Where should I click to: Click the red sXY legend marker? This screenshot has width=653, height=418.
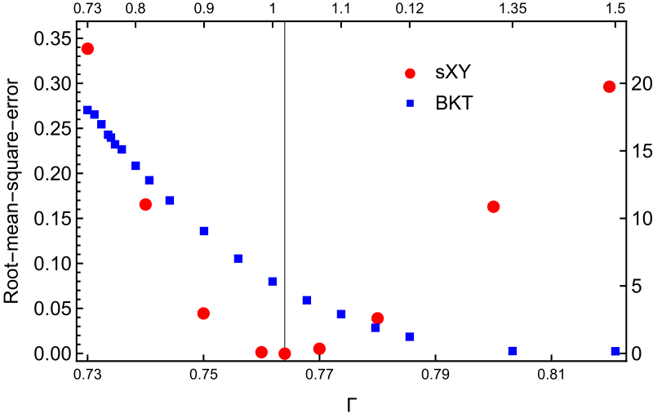pos(411,73)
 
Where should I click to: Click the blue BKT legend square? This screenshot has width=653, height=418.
pos(411,104)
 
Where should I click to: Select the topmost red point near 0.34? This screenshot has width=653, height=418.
pos(87,49)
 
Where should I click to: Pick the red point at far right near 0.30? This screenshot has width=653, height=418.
pos(609,87)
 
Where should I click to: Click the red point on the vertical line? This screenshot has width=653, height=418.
pos(285,354)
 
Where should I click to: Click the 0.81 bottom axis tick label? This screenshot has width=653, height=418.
pos(551,374)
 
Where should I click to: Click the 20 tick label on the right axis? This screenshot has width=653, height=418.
pos(641,84)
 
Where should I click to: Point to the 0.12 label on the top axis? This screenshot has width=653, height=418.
pos(410,8)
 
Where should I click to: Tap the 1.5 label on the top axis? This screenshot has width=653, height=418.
pos(615,8)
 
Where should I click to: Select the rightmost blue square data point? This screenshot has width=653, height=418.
pos(615,351)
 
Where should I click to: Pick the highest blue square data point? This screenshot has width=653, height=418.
pos(87,110)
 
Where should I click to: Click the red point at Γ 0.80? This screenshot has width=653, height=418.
pos(493,207)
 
